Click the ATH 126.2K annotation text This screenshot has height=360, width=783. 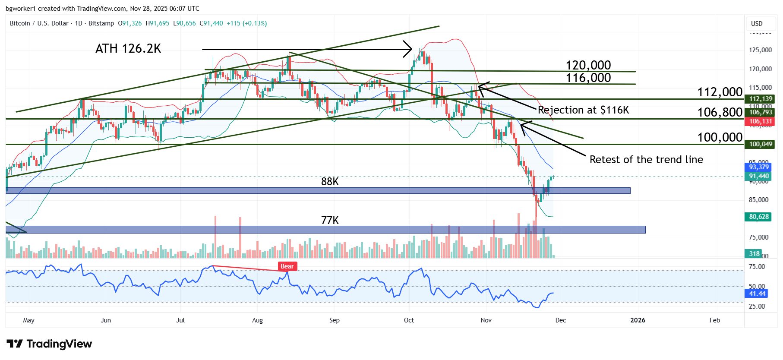tap(128, 48)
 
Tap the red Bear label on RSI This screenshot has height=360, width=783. tap(287, 266)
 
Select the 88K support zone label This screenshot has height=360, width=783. tap(330, 182)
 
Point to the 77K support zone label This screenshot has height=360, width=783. tap(330, 221)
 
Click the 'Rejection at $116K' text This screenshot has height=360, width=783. tap(583, 110)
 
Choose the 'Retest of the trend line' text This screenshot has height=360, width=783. tap(646, 160)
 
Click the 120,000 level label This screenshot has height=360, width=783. tap(588, 65)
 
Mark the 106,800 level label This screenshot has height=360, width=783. tap(720, 113)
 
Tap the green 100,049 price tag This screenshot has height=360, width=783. tap(760, 144)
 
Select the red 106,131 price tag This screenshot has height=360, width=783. tap(760, 121)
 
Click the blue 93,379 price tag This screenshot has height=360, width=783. tap(759, 167)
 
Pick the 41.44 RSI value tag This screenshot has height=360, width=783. tap(757, 294)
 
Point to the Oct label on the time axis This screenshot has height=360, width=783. tap(409, 320)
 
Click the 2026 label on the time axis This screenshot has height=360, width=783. tap(638, 320)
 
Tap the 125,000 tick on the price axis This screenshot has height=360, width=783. tap(760, 50)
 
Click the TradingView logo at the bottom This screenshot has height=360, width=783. tap(49, 344)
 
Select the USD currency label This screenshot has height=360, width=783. tap(757, 24)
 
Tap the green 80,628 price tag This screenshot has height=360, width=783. tap(759, 217)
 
